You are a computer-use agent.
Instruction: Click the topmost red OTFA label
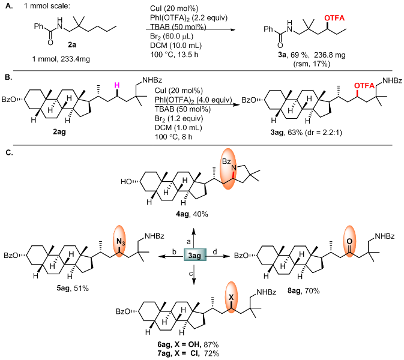334,19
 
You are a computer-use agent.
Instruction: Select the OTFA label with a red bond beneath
364,86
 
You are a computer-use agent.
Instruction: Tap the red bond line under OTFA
357,93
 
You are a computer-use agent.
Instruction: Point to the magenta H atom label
117,85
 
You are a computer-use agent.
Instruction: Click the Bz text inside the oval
226,161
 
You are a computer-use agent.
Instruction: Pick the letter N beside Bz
234,168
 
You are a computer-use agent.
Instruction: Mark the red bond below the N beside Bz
234,175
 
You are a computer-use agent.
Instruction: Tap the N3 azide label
120,242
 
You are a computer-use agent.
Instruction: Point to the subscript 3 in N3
123,244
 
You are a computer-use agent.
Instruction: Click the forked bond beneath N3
119,251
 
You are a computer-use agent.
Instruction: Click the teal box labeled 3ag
194,255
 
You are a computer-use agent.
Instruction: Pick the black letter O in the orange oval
349,241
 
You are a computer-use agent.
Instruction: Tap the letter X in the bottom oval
231,297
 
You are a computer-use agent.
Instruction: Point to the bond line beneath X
231,305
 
